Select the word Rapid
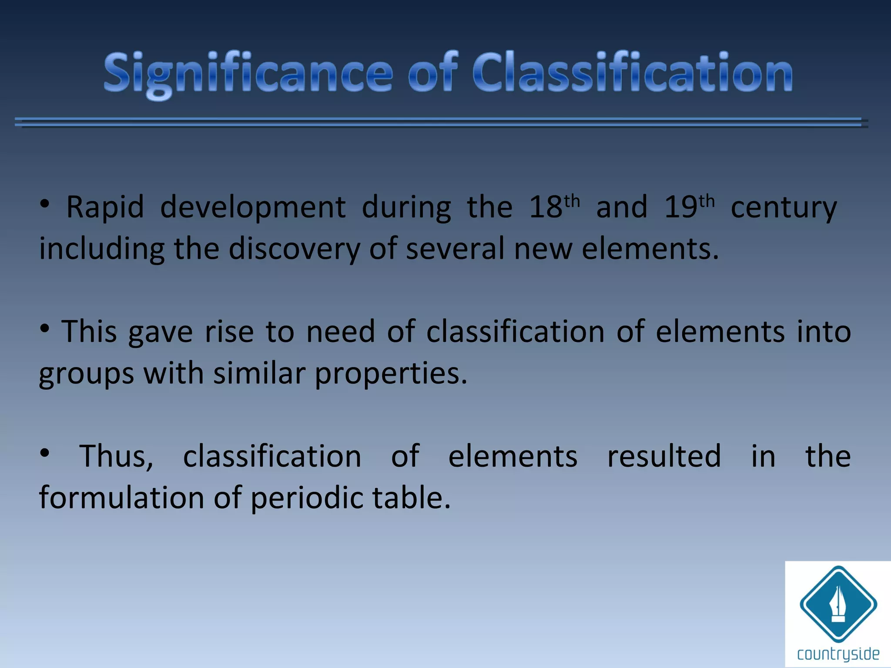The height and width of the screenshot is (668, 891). coord(105,207)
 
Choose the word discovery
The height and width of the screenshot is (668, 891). coord(295,249)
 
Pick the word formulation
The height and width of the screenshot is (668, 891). coord(121,498)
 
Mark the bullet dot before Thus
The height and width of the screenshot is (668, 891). coord(44,453)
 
